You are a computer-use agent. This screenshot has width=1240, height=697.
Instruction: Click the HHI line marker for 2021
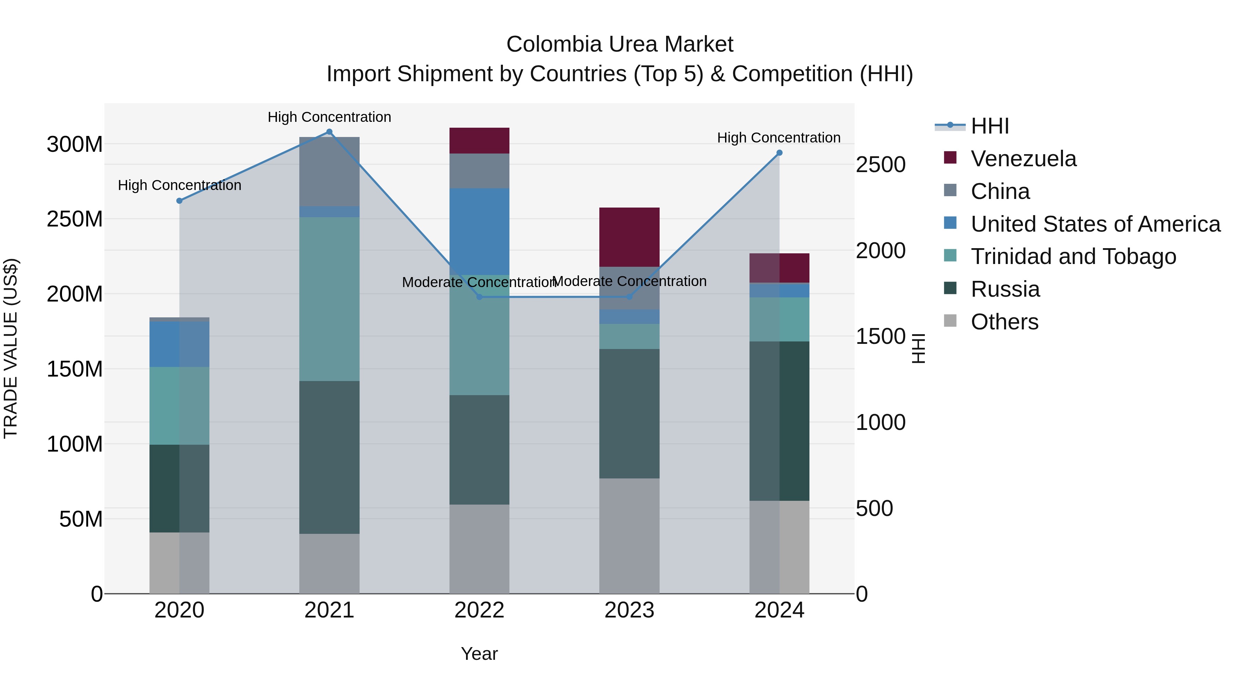(x=329, y=132)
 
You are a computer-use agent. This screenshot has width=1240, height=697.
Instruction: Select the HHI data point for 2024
(x=779, y=153)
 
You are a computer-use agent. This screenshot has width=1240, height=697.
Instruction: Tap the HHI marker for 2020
(x=179, y=201)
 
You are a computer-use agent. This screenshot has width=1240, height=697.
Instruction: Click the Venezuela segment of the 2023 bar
(x=629, y=237)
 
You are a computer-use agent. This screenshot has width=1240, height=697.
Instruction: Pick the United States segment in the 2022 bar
(x=479, y=231)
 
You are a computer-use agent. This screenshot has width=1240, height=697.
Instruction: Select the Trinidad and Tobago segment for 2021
(x=329, y=299)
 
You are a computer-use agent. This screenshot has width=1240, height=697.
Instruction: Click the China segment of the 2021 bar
(x=329, y=171)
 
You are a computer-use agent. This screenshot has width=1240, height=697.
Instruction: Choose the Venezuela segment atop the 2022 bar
(x=479, y=140)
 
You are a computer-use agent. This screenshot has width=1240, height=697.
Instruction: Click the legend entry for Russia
(x=1005, y=289)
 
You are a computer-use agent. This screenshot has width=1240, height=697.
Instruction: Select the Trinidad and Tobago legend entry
(x=1073, y=256)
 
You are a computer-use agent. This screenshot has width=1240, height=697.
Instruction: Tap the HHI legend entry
(x=990, y=126)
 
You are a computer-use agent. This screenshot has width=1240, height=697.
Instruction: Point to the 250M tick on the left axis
(x=75, y=219)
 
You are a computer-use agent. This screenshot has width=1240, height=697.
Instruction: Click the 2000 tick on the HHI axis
(x=880, y=251)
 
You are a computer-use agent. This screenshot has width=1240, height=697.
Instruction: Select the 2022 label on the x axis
(x=479, y=610)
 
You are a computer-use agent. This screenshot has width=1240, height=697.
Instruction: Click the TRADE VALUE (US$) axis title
(x=11, y=348)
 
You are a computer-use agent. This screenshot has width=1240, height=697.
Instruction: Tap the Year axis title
(x=479, y=654)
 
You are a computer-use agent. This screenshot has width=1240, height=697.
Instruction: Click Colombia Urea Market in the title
(x=620, y=44)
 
